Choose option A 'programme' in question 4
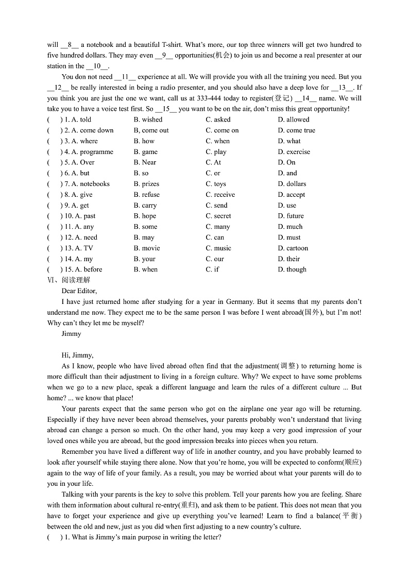92,152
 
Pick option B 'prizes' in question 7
146,184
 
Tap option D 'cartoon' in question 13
293,248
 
